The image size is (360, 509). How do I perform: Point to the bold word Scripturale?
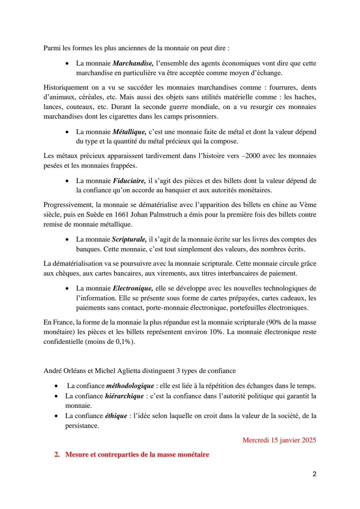coord(129,239)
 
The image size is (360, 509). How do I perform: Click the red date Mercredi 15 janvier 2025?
coord(279,440)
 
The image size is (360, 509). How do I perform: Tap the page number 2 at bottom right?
coord(314,474)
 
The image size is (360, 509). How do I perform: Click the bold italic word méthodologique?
coord(130,386)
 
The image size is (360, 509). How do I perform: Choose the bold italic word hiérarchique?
coord(124,396)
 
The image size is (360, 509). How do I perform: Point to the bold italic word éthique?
coord(116,416)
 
